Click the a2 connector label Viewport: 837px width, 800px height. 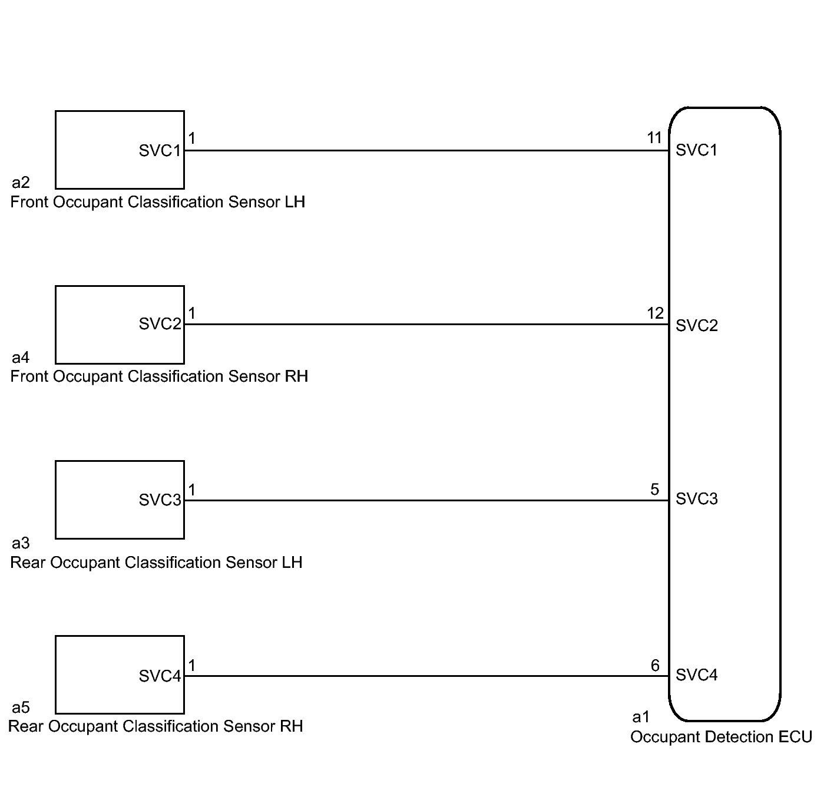[21, 183]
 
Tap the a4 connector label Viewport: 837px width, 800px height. [21, 358]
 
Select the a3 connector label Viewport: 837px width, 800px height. [21, 543]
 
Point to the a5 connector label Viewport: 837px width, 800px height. [21, 707]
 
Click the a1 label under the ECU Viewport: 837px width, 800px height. [641, 717]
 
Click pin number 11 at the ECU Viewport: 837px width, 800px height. [654, 138]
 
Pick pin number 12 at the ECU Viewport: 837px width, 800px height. [655, 313]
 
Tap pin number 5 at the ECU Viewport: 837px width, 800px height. [654, 490]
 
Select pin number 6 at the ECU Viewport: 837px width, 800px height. [655, 665]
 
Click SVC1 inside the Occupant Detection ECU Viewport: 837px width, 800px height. [696, 150]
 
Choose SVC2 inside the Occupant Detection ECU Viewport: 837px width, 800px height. [696, 326]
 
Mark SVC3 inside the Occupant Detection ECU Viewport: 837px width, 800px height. [696, 499]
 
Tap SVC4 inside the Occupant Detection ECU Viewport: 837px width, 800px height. [696, 675]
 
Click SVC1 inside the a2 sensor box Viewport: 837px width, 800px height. [160, 151]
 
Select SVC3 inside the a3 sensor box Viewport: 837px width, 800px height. [160, 500]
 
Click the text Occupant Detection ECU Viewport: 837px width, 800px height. [721, 737]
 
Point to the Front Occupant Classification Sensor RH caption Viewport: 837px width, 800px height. [159, 376]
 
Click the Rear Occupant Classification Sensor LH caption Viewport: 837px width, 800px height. [156, 563]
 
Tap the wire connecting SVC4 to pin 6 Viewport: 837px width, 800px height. [424, 676]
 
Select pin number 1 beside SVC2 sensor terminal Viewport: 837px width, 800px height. [191, 313]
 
